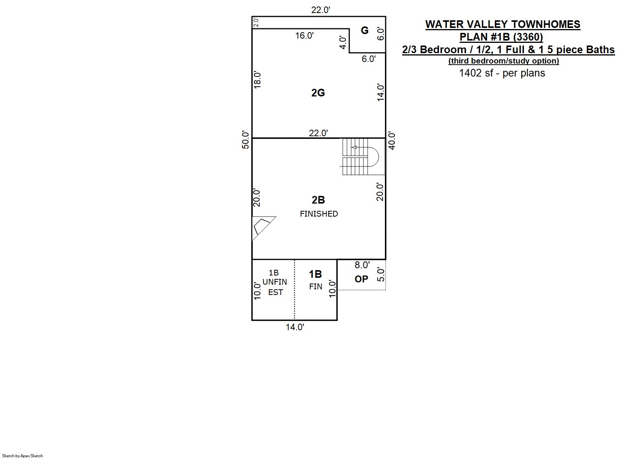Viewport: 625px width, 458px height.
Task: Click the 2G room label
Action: point(318,93)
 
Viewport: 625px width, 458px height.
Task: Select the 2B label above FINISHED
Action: point(318,200)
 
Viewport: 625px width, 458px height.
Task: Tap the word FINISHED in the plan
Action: point(319,214)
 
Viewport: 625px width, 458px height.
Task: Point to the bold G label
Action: point(365,30)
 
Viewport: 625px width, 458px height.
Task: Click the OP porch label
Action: point(362,279)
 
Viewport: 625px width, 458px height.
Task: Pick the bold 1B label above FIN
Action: point(315,274)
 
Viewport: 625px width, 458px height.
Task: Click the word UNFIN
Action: point(275,282)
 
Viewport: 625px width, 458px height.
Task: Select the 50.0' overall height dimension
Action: point(245,140)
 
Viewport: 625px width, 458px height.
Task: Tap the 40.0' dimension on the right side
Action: point(392,141)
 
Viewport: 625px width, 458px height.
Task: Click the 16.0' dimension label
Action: point(304,36)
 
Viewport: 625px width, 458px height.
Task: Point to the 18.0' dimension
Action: point(257,80)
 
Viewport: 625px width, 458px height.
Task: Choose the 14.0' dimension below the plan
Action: point(295,327)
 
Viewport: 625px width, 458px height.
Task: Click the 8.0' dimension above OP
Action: point(362,265)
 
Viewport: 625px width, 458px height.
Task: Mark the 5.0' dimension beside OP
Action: point(381,275)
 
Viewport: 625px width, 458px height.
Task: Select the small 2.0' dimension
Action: point(256,22)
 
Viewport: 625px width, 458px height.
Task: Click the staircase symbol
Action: point(362,156)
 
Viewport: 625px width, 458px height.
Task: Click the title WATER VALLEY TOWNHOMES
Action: point(503,24)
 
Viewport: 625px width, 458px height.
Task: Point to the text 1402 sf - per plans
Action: point(502,73)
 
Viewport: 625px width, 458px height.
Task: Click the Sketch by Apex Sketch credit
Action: point(23,456)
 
